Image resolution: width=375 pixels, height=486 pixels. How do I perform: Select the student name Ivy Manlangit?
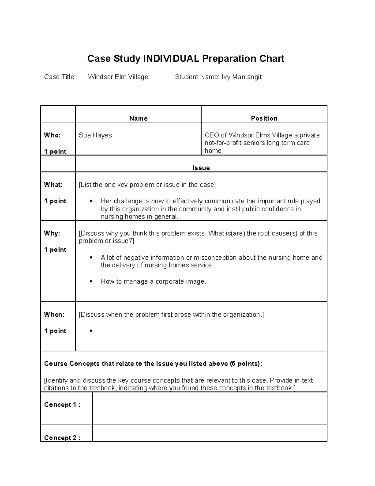(242, 77)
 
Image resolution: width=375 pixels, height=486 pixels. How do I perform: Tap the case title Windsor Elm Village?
(118, 77)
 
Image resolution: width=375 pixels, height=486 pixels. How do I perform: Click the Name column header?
(138, 118)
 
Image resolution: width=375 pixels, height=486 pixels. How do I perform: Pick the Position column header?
(264, 118)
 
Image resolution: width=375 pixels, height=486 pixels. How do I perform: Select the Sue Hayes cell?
(95, 135)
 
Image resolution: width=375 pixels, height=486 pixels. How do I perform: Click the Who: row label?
(52, 135)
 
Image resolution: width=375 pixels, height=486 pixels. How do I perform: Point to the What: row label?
(53, 185)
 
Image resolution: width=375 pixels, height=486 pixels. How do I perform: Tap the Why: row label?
(52, 233)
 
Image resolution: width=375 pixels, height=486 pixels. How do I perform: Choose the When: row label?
(54, 315)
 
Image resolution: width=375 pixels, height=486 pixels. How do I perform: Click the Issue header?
(201, 168)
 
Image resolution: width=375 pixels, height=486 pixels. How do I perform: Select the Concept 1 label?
(62, 405)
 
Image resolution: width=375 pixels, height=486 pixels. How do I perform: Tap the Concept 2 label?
(62, 437)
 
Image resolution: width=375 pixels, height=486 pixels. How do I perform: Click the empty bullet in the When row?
(91, 331)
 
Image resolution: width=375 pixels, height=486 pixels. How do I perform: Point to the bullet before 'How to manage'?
(91, 282)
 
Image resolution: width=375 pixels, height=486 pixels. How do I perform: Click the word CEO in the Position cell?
(212, 135)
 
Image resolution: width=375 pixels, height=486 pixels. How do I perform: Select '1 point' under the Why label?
(55, 250)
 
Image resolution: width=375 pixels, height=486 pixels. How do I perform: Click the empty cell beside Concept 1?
(209, 408)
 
